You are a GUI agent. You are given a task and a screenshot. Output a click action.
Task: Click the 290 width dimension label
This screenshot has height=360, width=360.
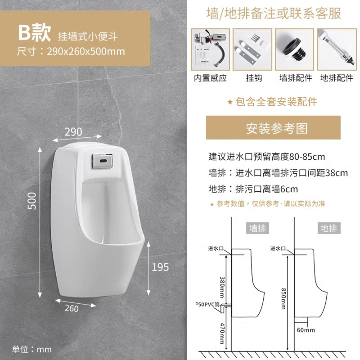click(73, 131)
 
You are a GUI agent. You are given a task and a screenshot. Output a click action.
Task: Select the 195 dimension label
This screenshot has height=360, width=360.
click(160, 267)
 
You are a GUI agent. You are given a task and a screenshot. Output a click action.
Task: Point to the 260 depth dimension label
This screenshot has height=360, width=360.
click(71, 308)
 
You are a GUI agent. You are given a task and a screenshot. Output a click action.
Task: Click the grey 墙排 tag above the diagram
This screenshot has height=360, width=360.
click(258, 228)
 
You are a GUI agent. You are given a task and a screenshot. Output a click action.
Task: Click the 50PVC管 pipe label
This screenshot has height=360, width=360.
click(208, 305)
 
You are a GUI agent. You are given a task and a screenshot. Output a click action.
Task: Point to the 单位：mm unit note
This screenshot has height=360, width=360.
click(32, 349)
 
